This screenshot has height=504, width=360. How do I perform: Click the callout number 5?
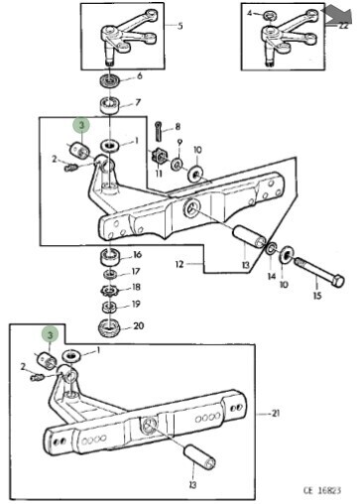[x=180, y=26]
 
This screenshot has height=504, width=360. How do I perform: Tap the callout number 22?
[x=343, y=26]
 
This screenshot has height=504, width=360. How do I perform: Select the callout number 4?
[x=250, y=13]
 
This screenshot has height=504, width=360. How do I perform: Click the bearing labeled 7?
[x=109, y=105]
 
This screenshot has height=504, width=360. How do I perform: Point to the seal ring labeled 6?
[x=108, y=81]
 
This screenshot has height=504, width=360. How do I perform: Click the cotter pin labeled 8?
[x=159, y=130]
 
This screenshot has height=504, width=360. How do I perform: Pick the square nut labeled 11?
[x=159, y=156]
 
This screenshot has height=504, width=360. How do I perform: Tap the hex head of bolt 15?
[x=338, y=281]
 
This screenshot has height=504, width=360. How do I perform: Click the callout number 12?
[x=180, y=264]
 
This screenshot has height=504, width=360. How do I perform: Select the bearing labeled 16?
[x=109, y=256]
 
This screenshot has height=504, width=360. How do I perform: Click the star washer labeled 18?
[x=109, y=290]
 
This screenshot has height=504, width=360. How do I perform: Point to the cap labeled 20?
[x=109, y=326]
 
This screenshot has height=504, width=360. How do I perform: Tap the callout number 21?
[x=276, y=413]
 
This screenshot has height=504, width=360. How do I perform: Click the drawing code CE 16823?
[x=322, y=490]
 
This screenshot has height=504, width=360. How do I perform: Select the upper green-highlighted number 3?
[x=81, y=125]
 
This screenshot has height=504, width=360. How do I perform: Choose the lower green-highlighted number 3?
[x=50, y=334]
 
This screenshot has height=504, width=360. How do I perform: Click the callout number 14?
[x=272, y=276]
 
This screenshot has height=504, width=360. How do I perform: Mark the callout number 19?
[x=136, y=304]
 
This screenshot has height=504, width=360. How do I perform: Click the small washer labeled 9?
[x=177, y=164]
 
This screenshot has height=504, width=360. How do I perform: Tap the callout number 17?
[x=136, y=271]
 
